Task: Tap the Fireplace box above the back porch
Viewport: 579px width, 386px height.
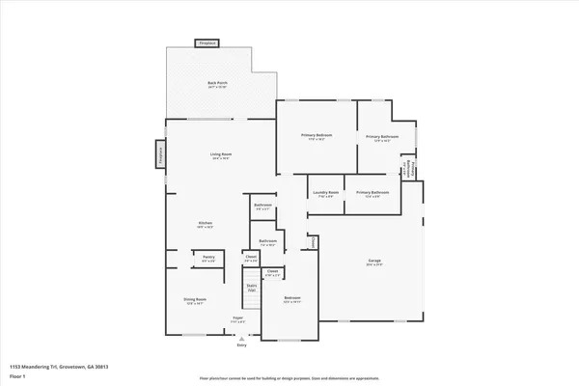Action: [x=207, y=43]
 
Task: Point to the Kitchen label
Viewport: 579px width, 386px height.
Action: [x=205, y=224]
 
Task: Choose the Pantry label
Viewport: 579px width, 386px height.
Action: [x=208, y=258]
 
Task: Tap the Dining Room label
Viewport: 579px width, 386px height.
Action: [x=195, y=301]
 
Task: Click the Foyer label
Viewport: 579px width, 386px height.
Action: [x=237, y=318]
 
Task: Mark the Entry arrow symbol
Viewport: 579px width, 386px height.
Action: [x=241, y=339]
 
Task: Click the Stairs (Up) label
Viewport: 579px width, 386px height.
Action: [x=251, y=287]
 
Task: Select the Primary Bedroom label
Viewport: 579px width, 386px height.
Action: [x=316, y=137]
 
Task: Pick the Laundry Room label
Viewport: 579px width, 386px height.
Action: [x=325, y=193]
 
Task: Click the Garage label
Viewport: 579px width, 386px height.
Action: [x=373, y=262]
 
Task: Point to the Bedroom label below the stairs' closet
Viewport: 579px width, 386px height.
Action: [x=291, y=299]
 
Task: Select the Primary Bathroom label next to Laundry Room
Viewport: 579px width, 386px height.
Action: [x=373, y=193]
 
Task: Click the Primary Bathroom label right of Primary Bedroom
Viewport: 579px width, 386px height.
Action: [x=382, y=137]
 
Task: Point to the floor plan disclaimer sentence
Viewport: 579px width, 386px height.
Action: [x=289, y=378]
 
